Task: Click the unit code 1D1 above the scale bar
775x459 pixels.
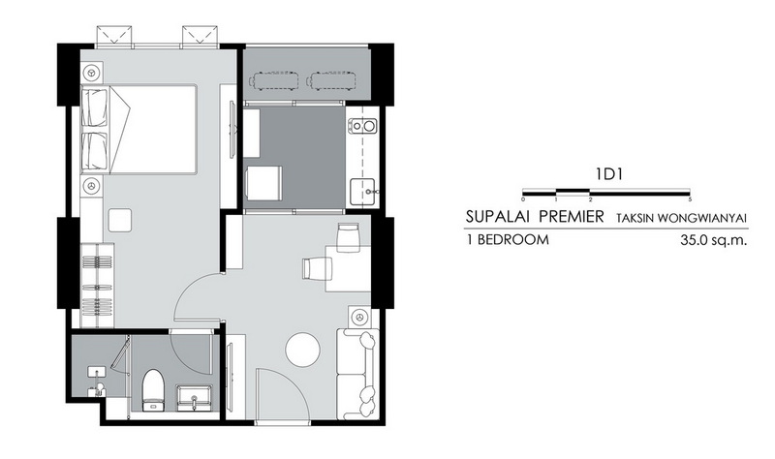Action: [x=608, y=174]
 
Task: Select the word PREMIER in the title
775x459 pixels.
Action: [x=572, y=216]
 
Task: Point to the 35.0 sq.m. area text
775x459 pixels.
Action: [x=713, y=240]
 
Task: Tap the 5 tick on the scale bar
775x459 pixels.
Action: [x=690, y=199]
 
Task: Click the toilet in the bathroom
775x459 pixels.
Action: [x=153, y=390]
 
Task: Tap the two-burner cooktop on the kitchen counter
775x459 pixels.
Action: [x=362, y=126]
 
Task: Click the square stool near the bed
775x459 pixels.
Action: [x=120, y=220]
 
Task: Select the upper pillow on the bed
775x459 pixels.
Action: [x=95, y=107]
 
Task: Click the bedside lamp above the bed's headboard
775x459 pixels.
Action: [x=91, y=74]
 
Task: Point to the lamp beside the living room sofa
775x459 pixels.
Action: [x=358, y=317]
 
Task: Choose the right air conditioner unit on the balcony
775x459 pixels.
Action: [x=332, y=80]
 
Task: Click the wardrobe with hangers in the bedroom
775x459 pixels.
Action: [x=98, y=285]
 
